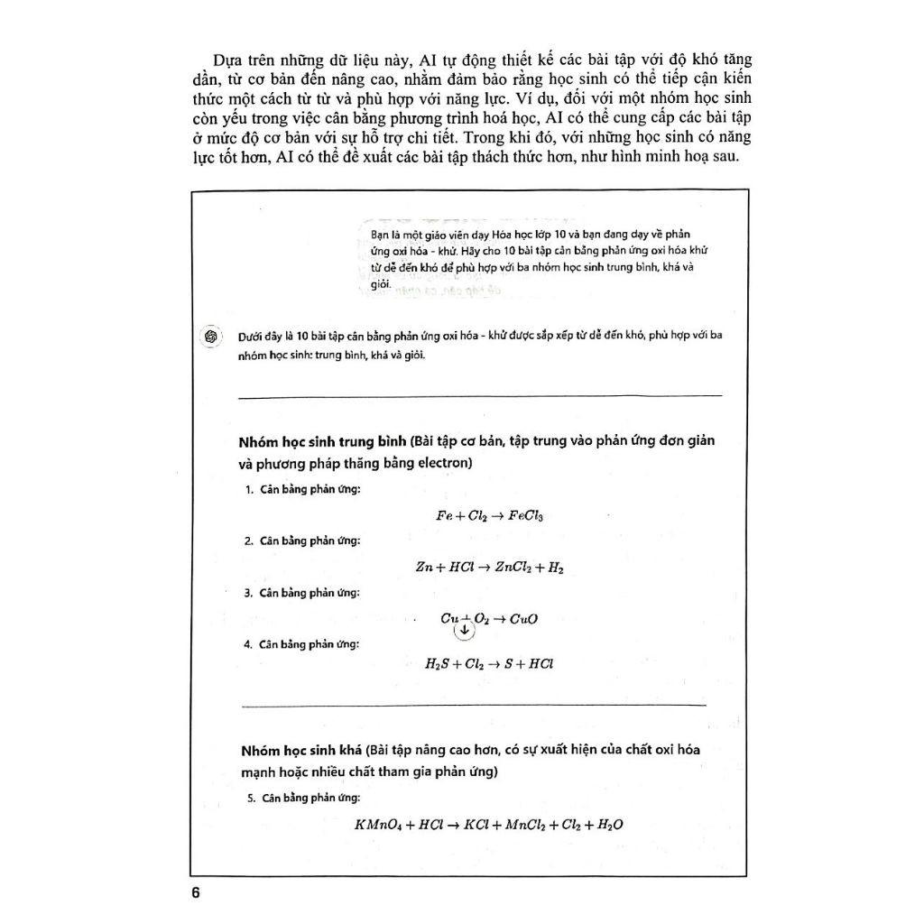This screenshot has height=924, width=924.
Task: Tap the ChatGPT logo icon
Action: (x=209, y=336)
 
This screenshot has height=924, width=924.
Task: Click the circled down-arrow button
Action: (x=464, y=630)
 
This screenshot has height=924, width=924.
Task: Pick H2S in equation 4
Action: (x=439, y=663)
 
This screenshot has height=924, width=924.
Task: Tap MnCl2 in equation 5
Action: (x=526, y=825)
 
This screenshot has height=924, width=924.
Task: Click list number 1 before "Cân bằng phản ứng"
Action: (x=247, y=489)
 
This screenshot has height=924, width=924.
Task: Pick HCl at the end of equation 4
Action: (x=540, y=663)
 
